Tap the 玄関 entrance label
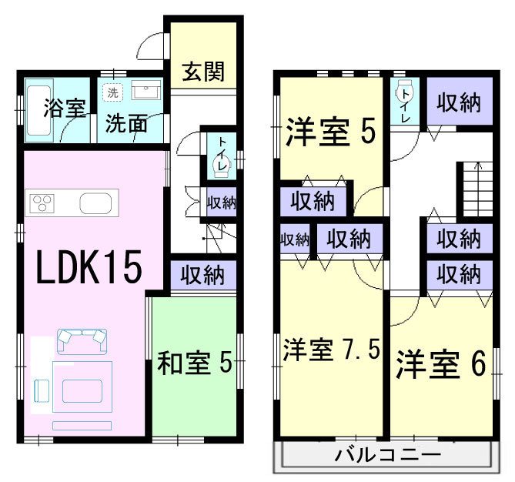[203, 72]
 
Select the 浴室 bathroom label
[64, 109]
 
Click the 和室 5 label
[195, 363]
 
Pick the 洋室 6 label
[441, 365]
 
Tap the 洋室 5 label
[331, 131]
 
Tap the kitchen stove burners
[43, 204]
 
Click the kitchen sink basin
[97, 205]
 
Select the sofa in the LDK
[82, 340]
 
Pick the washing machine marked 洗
[112, 92]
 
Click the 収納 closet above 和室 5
[202, 273]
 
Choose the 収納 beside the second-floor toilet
[460, 102]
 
